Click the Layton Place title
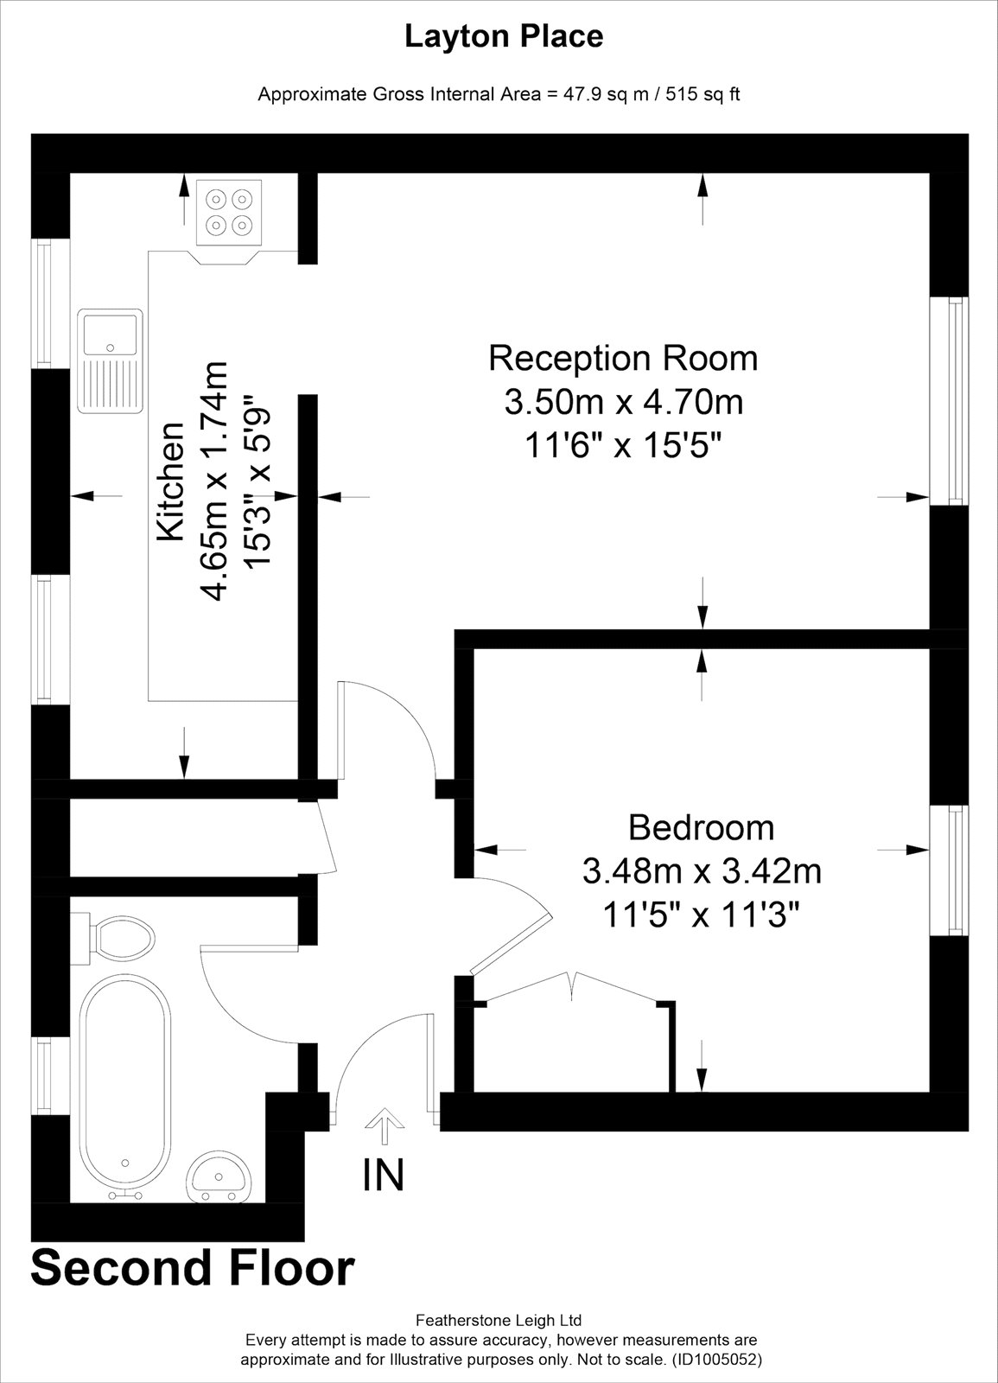(504, 37)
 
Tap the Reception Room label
(623, 357)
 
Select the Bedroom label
(701, 827)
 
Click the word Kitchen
(170, 481)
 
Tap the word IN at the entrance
(383, 1175)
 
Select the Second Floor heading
(193, 1268)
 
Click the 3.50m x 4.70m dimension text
(623, 402)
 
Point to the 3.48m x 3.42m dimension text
(701, 870)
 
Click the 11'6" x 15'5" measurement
(623, 446)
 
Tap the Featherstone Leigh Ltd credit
(499, 1320)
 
